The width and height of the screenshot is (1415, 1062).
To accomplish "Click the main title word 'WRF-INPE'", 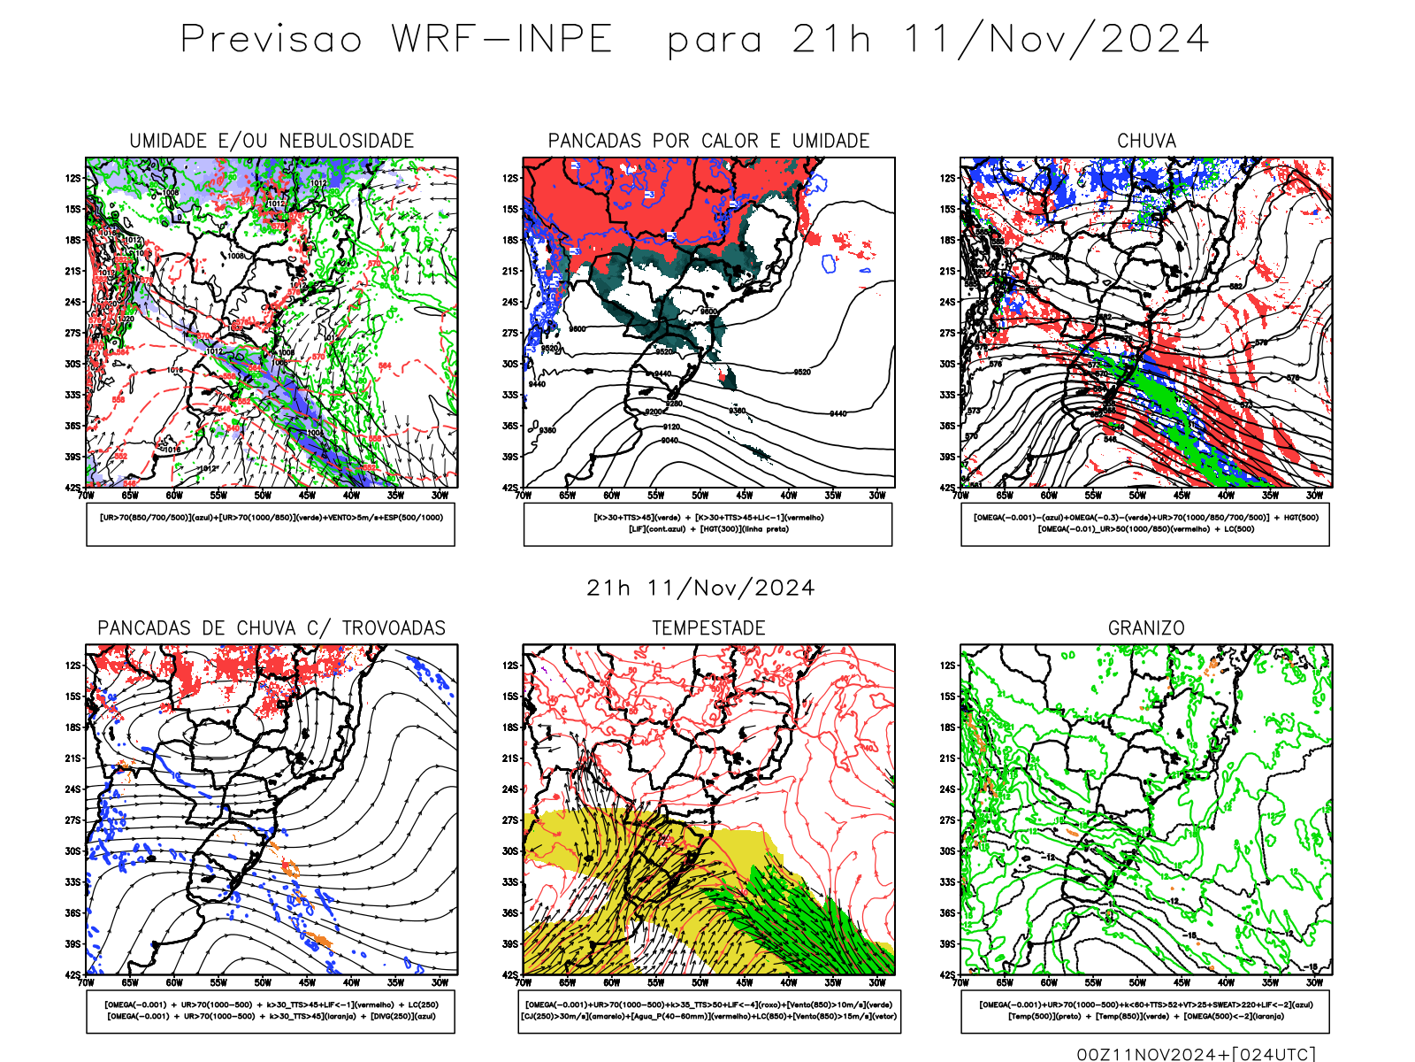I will click(502, 40).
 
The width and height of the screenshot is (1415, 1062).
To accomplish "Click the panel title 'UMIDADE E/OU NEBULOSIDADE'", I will click(272, 141).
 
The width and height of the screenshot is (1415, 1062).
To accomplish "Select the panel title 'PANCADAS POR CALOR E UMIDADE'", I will click(708, 141).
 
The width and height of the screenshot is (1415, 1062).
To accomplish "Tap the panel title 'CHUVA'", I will click(1146, 141).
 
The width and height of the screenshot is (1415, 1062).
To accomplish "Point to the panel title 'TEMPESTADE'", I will click(708, 628).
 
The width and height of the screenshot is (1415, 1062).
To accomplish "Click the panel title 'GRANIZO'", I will click(1146, 628).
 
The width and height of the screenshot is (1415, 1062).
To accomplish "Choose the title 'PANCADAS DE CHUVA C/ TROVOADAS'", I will click(272, 628).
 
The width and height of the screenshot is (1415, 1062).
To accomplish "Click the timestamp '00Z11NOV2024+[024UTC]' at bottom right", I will click(1196, 1054).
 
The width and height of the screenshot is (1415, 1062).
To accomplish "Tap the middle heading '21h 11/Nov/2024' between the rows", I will click(700, 589).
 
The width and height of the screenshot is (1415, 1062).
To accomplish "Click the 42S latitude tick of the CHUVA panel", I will click(948, 488).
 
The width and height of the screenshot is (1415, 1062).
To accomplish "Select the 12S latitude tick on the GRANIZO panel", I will click(948, 666).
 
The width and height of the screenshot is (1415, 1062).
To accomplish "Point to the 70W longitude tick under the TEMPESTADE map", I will click(524, 982).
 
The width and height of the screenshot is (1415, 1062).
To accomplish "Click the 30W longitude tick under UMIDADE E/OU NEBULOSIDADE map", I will click(440, 496).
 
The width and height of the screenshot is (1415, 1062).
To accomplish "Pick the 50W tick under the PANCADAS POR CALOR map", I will click(700, 496).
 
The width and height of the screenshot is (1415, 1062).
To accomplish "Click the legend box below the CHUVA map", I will click(1145, 524).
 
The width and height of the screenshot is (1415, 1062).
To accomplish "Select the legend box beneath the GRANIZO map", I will click(1145, 1011).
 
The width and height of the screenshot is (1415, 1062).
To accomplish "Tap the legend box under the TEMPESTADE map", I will click(708, 1011).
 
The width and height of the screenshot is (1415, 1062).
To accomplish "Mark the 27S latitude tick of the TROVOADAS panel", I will click(73, 820).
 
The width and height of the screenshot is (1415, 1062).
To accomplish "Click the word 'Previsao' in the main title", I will click(272, 40).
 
